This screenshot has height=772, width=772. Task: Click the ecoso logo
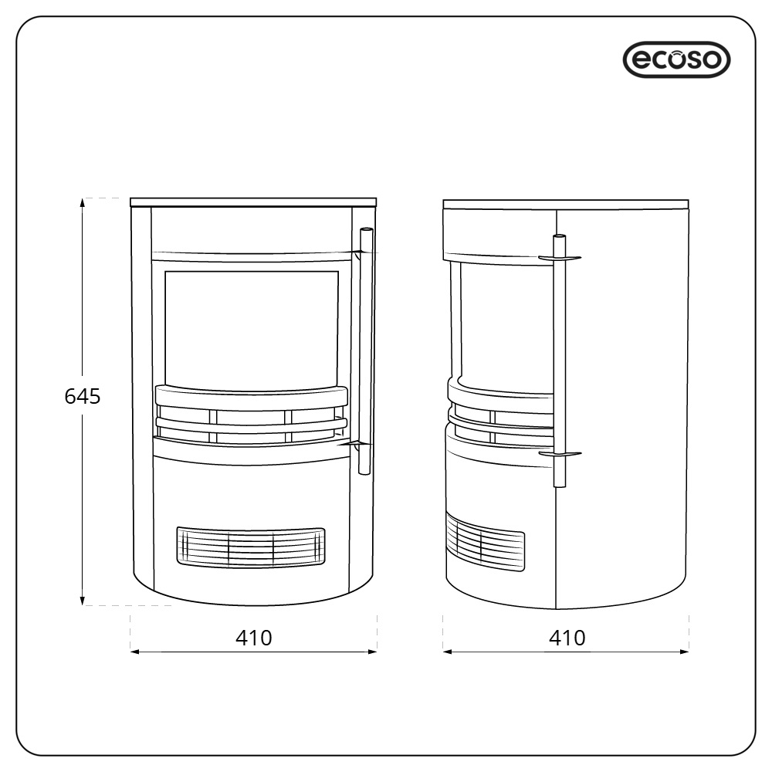(x=675, y=59)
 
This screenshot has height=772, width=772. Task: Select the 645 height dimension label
(x=82, y=397)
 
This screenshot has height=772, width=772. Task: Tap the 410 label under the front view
(x=254, y=638)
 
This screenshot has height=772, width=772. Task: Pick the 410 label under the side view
(x=567, y=638)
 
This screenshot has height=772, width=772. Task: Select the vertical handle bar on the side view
(x=560, y=363)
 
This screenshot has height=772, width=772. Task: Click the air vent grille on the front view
(x=251, y=547)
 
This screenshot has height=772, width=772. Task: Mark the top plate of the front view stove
(x=254, y=202)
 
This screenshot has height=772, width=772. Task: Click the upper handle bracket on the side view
(x=560, y=257)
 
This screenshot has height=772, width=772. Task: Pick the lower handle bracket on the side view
(x=560, y=455)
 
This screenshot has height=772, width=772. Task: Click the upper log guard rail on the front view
(x=252, y=396)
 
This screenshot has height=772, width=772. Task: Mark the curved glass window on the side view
(x=506, y=320)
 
